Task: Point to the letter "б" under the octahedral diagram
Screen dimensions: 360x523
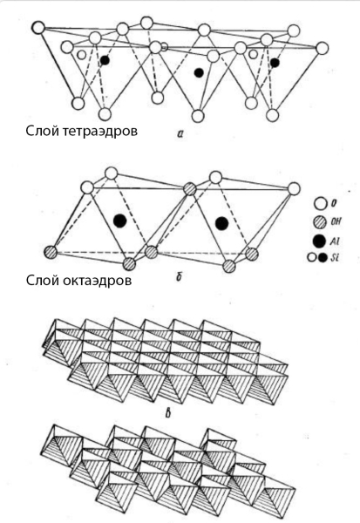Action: pyautogui.click(x=179, y=276)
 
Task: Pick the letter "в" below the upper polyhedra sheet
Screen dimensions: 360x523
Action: pyautogui.click(x=168, y=414)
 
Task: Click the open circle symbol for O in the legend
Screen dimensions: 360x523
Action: pyautogui.click(x=320, y=204)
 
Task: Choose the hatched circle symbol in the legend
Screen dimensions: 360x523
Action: pyautogui.click(x=320, y=222)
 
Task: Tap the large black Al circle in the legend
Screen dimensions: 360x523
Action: pyautogui.click(x=320, y=241)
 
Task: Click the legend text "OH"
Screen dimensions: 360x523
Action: pyautogui.click(x=336, y=221)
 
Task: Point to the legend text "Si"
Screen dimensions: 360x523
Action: pyautogui.click(x=335, y=257)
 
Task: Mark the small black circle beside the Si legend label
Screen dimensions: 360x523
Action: pyautogui.click(x=323, y=258)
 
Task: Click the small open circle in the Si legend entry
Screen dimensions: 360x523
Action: pyautogui.click(x=312, y=258)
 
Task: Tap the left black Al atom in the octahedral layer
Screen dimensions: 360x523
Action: pyautogui.click(x=119, y=221)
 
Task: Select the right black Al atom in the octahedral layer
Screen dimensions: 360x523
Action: pyautogui.click(x=221, y=223)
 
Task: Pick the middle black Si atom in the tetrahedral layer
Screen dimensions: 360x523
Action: pyautogui.click(x=200, y=72)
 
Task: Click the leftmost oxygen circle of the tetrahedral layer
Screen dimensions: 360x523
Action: pyautogui.click(x=38, y=28)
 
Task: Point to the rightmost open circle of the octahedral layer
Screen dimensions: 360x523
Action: pyautogui.click(x=294, y=188)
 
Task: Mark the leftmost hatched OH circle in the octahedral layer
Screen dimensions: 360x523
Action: pyautogui.click(x=51, y=252)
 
